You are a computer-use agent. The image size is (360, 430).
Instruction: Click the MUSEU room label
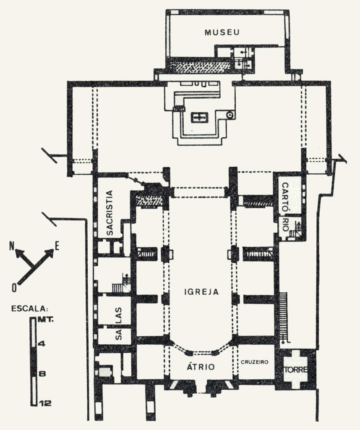coord(222,32)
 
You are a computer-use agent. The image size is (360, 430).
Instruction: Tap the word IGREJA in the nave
coord(202,292)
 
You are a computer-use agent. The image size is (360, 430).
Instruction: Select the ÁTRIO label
coord(201,367)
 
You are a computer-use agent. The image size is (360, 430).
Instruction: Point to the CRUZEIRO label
coord(255,362)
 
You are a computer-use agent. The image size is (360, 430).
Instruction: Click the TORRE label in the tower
coord(296,370)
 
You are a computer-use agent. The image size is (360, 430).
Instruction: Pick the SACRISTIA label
coord(110,213)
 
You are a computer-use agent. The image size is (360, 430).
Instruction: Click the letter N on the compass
coord(12,246)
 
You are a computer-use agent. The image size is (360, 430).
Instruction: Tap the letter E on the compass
coord(57,246)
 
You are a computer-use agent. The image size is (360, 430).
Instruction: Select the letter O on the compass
coord(14,288)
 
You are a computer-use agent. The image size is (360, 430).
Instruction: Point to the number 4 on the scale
coord(42,343)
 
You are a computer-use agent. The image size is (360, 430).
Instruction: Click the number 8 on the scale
coord(42,374)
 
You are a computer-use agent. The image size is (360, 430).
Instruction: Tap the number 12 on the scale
coord(45,403)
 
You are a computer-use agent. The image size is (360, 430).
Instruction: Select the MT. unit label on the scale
coord(45,320)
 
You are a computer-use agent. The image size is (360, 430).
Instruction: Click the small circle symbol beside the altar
coord(230,115)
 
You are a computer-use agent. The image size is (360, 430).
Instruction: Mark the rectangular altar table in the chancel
coord(199,118)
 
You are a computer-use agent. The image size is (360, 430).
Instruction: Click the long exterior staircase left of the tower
coord(283,317)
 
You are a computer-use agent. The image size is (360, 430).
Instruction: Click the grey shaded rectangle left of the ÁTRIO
coord(105,372)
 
